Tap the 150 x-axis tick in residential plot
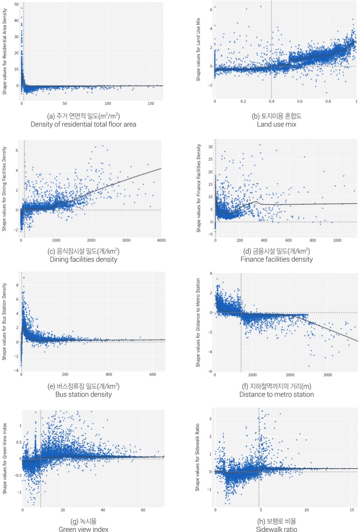(149, 103)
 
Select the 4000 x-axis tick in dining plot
(161, 240)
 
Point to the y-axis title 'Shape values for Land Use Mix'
(198, 45)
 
